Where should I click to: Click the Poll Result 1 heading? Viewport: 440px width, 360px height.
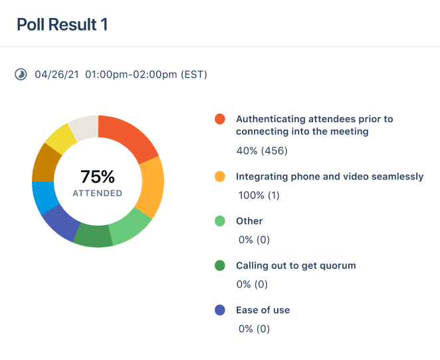coord(62,25)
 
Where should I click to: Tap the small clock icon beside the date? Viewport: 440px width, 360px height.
coord(21,74)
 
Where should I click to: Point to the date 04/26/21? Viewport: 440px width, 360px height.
coord(56,74)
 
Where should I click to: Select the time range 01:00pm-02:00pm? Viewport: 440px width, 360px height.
coord(131,74)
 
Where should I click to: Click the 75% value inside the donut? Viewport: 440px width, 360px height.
coord(98,177)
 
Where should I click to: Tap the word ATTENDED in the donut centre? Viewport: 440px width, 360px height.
coord(98,193)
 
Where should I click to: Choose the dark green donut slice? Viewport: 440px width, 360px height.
coord(94,236)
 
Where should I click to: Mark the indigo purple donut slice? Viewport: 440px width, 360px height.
coord(60,222)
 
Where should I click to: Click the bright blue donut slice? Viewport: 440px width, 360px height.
coord(43,197)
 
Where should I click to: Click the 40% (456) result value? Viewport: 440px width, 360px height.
coord(262,151)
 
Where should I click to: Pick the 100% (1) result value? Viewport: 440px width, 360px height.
coord(259,195)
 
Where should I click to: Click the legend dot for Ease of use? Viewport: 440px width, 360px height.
coord(220,310)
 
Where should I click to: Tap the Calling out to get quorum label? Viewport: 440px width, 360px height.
coord(296,266)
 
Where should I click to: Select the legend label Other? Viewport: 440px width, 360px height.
coord(249,221)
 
